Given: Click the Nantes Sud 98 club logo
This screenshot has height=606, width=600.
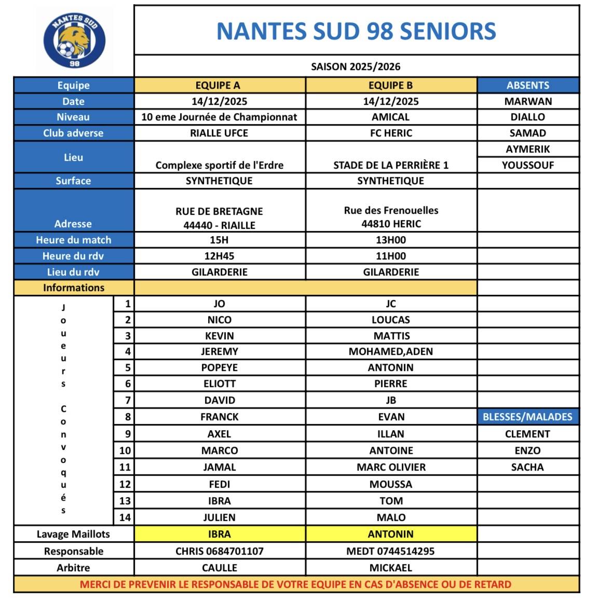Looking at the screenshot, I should tap(74, 40).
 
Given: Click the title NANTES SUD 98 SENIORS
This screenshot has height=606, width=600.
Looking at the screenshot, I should tap(356, 31).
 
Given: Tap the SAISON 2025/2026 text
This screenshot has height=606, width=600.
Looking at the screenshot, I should tap(356, 66).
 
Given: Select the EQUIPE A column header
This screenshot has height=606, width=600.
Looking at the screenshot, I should tap(219, 86).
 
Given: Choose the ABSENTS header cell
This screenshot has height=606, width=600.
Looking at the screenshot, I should tap(528, 86).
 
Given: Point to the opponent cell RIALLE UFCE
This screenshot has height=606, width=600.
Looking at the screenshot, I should tap(219, 133).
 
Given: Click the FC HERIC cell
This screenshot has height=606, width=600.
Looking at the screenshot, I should tap(391, 133).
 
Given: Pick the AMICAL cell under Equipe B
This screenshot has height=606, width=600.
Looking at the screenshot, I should tap(391, 117).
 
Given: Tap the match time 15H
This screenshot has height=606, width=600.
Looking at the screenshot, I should tap(219, 240).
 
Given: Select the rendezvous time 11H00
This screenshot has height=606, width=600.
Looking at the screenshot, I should tap(391, 256).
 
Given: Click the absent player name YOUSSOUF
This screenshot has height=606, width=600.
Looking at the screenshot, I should tap(528, 166).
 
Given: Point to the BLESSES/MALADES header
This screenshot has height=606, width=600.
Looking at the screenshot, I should tap(527, 417).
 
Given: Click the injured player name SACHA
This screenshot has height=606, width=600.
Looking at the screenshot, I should tap(527, 467).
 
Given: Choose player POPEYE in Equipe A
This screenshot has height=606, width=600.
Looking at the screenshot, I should tap(219, 368).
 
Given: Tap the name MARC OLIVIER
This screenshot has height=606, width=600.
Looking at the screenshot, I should tap(391, 467).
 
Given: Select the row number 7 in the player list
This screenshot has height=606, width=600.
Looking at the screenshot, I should tap(127, 401).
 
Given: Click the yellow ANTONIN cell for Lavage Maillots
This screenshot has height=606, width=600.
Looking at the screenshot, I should tap(391, 534).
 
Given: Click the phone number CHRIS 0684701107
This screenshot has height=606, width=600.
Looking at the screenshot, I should tap(219, 552).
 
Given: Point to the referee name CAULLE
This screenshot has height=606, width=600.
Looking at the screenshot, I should tap(219, 568).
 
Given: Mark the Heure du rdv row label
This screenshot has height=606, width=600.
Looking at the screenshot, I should tap(73, 256).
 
